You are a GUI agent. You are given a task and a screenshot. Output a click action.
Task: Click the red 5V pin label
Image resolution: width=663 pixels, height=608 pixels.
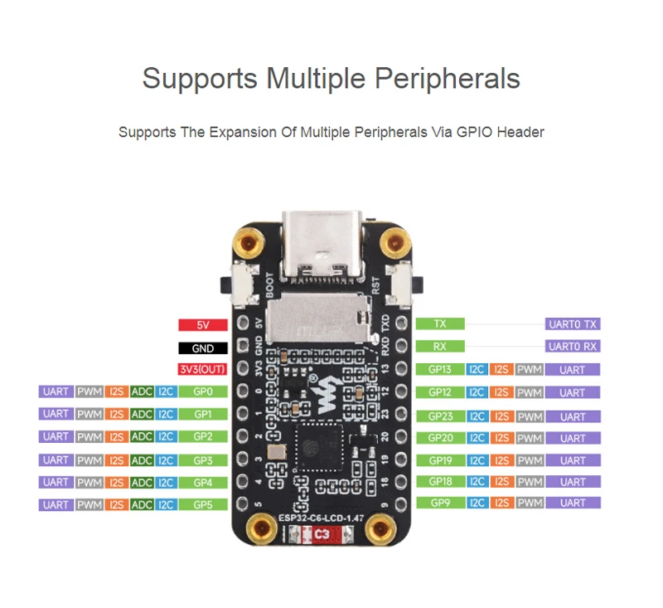(x=203, y=325)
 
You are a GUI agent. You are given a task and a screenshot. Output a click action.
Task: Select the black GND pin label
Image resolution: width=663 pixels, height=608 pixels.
(x=203, y=348)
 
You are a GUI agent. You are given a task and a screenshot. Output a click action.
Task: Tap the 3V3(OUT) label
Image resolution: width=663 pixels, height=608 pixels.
(x=203, y=370)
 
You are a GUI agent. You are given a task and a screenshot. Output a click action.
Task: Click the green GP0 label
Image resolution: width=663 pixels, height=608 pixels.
(x=203, y=392)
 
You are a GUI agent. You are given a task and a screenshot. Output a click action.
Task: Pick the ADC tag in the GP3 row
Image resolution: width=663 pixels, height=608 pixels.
(x=142, y=460)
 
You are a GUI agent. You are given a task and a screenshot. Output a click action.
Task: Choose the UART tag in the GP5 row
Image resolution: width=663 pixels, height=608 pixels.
(x=56, y=504)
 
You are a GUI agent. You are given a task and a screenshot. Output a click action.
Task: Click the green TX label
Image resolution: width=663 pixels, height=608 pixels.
(x=440, y=323)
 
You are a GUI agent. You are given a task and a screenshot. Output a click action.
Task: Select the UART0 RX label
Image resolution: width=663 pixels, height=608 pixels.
(x=572, y=347)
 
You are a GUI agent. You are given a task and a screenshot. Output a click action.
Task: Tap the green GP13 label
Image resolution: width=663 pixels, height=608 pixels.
(x=440, y=370)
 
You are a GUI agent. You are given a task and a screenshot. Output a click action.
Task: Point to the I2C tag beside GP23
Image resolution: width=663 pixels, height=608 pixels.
(x=477, y=416)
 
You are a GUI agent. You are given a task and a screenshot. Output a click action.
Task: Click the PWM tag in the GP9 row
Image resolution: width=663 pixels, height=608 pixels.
(x=528, y=503)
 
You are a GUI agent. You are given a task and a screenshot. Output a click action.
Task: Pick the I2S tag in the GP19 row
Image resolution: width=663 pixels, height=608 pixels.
(x=501, y=460)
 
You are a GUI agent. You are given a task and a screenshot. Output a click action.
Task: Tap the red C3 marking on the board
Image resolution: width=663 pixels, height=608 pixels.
(x=321, y=537)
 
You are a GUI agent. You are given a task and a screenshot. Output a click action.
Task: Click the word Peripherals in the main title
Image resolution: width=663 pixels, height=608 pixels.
(x=448, y=79)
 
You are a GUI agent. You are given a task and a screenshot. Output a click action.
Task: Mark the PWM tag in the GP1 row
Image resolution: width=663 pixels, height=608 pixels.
(x=90, y=414)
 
